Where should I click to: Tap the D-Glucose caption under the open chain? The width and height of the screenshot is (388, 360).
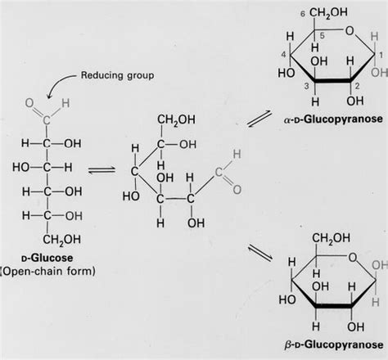tap(49, 254)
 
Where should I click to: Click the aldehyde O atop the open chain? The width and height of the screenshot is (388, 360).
tap(29, 105)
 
